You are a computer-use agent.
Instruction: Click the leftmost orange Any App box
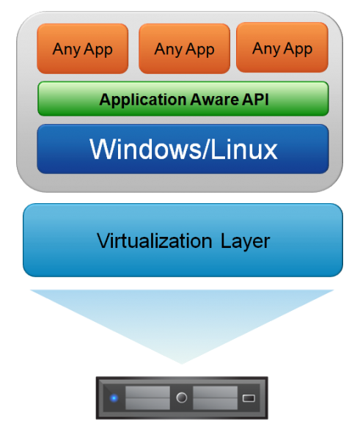[x=83, y=49]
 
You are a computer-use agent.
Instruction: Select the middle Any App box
[x=184, y=49]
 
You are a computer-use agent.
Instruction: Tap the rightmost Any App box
[x=282, y=48]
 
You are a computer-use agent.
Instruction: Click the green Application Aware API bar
[x=183, y=99]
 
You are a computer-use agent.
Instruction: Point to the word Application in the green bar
[x=143, y=100]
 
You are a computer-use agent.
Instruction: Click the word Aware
[x=214, y=99]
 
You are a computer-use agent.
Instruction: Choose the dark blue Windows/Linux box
[x=183, y=149]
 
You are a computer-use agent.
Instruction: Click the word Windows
[x=145, y=149]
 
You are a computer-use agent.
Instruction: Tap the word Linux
[x=244, y=149]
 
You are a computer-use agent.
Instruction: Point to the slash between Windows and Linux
[x=206, y=149]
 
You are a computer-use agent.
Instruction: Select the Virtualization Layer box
[x=183, y=241]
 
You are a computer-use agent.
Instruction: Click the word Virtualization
[x=154, y=241]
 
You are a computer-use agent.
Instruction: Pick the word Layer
[x=245, y=242]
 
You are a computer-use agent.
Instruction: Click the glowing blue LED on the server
[x=114, y=398]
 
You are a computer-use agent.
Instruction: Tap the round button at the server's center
[x=182, y=397]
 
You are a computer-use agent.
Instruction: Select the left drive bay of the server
[x=147, y=397]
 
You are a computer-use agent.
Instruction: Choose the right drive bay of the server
[x=216, y=397]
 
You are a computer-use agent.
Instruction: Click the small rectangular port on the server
[x=249, y=398]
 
